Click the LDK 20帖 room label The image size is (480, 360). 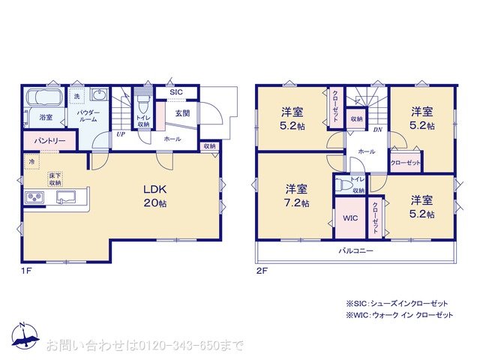coord(155,196)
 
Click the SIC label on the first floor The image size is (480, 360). coord(175,91)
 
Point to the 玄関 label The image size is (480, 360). coord(182,112)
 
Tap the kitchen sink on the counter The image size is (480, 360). coord(64,197)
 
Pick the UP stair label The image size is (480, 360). coord(120,135)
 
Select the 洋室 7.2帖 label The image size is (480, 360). coord(295,196)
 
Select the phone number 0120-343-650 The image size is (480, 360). coord(180,345)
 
